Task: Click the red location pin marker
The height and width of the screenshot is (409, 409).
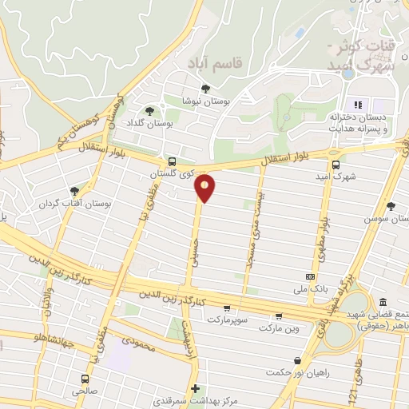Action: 204,189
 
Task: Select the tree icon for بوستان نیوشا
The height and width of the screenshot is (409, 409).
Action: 206,89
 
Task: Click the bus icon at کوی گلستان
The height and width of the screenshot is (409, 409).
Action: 172,161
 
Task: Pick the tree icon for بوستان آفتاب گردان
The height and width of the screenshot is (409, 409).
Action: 74,192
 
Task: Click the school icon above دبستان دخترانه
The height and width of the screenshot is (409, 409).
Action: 359,105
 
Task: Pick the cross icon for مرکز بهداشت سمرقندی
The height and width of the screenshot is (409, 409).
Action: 195,388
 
